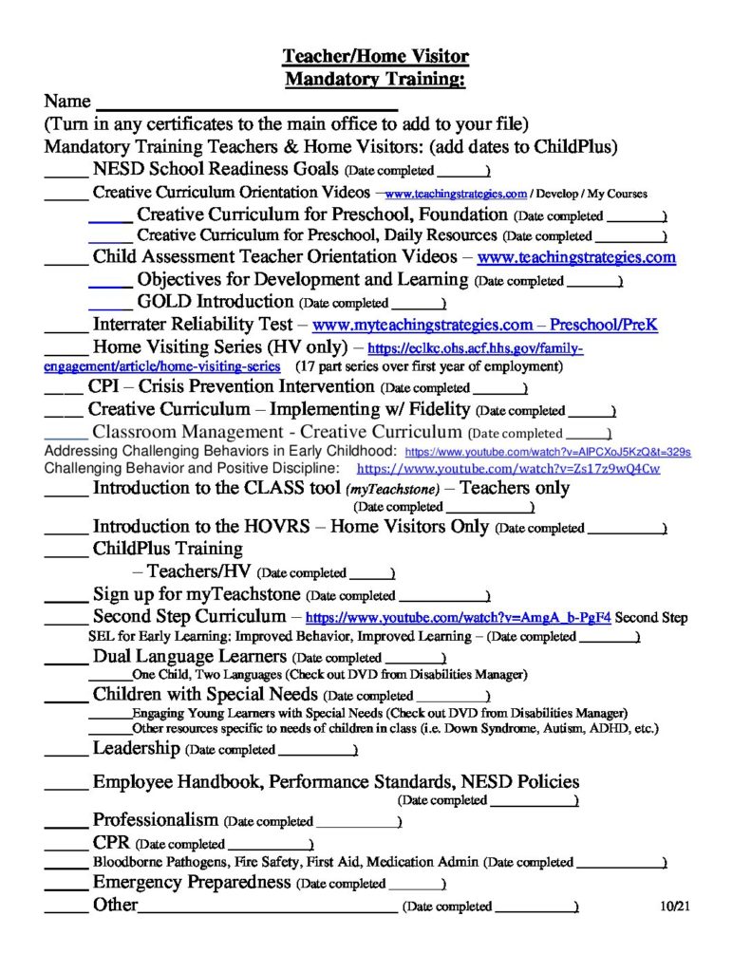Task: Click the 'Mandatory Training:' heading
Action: [x=375, y=79]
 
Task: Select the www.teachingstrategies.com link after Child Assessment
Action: [x=576, y=257]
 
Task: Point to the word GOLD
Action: [x=164, y=302]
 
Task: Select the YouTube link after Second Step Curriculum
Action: [x=458, y=618]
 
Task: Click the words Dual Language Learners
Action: [x=189, y=656]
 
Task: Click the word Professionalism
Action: [x=155, y=819]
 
